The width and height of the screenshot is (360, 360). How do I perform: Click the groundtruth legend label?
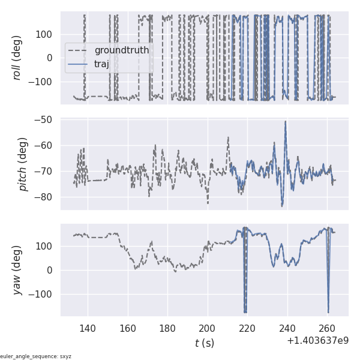117,50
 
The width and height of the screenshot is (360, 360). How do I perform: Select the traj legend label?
101,64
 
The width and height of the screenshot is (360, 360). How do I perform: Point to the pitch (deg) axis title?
24,164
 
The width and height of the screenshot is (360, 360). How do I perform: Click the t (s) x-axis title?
204,344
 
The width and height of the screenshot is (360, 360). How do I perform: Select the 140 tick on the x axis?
88,328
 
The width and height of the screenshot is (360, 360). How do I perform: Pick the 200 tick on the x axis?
208,328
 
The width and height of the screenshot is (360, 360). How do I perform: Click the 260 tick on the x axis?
328,328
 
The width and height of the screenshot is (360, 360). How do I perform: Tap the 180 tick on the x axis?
167,328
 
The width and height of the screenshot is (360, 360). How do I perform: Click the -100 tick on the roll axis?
42,82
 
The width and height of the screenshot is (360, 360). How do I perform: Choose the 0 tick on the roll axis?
50,58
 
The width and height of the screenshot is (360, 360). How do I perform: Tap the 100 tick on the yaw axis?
46,246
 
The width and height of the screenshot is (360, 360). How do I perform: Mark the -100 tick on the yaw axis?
42,295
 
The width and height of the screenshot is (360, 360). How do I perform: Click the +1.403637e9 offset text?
318,341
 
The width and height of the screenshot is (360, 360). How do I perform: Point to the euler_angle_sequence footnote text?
36,356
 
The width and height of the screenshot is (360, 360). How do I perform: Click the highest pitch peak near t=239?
286,122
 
